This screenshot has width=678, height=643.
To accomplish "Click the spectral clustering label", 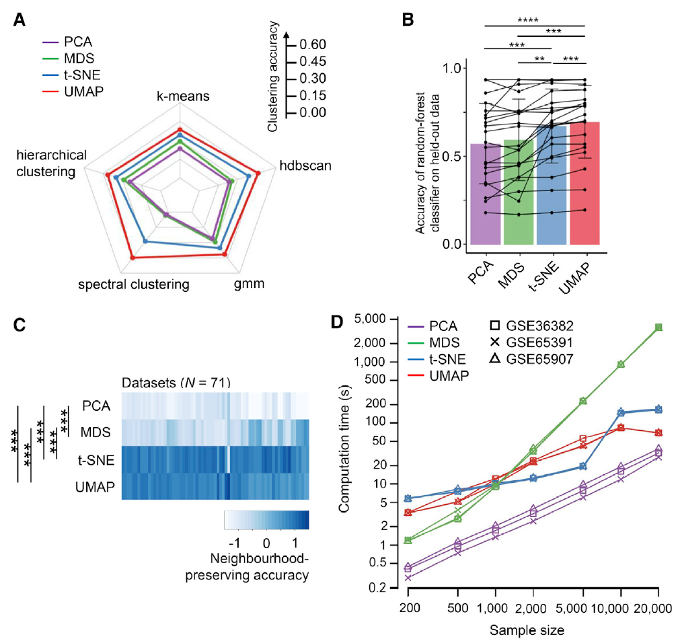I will (133, 284).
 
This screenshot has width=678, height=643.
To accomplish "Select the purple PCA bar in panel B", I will (486, 195).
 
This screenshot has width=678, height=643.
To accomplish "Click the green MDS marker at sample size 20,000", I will (658, 328).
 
